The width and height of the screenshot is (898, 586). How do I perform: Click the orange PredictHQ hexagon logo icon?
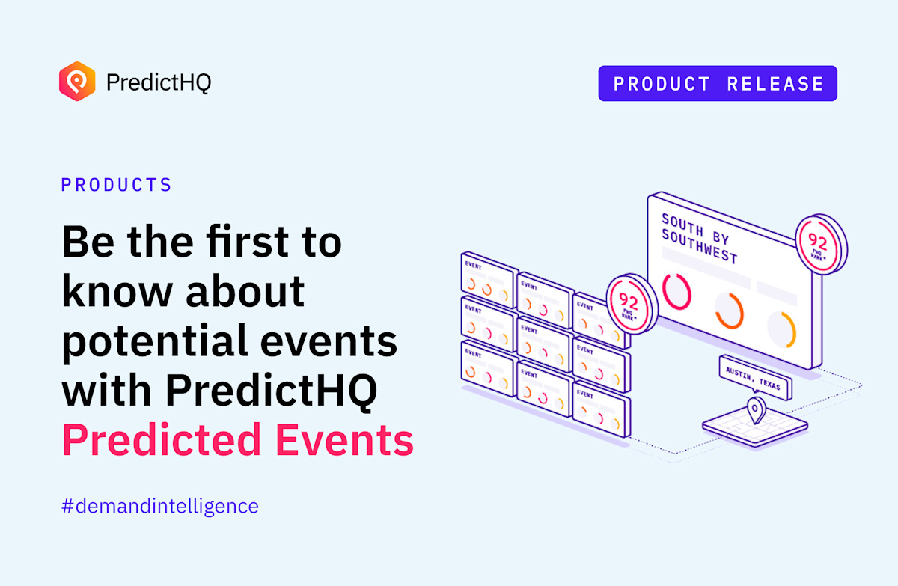coord(77,81)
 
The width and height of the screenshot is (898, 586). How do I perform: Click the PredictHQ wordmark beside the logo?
coord(159,82)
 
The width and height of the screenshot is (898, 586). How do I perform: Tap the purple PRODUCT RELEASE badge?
coord(718,84)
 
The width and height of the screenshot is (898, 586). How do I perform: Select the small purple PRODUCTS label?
coord(117,185)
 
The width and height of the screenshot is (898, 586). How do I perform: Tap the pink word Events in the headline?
coord(345,439)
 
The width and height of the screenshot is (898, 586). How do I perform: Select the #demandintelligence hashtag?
coord(160,506)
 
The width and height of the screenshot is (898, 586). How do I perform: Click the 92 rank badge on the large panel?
coord(819,242)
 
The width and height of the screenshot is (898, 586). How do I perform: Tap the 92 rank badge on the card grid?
coord(629,302)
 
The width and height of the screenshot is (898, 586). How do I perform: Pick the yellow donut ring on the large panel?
coord(782,329)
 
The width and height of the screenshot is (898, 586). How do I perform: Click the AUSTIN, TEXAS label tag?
coord(754,376)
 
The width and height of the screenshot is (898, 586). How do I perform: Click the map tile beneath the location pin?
coord(754,429)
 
